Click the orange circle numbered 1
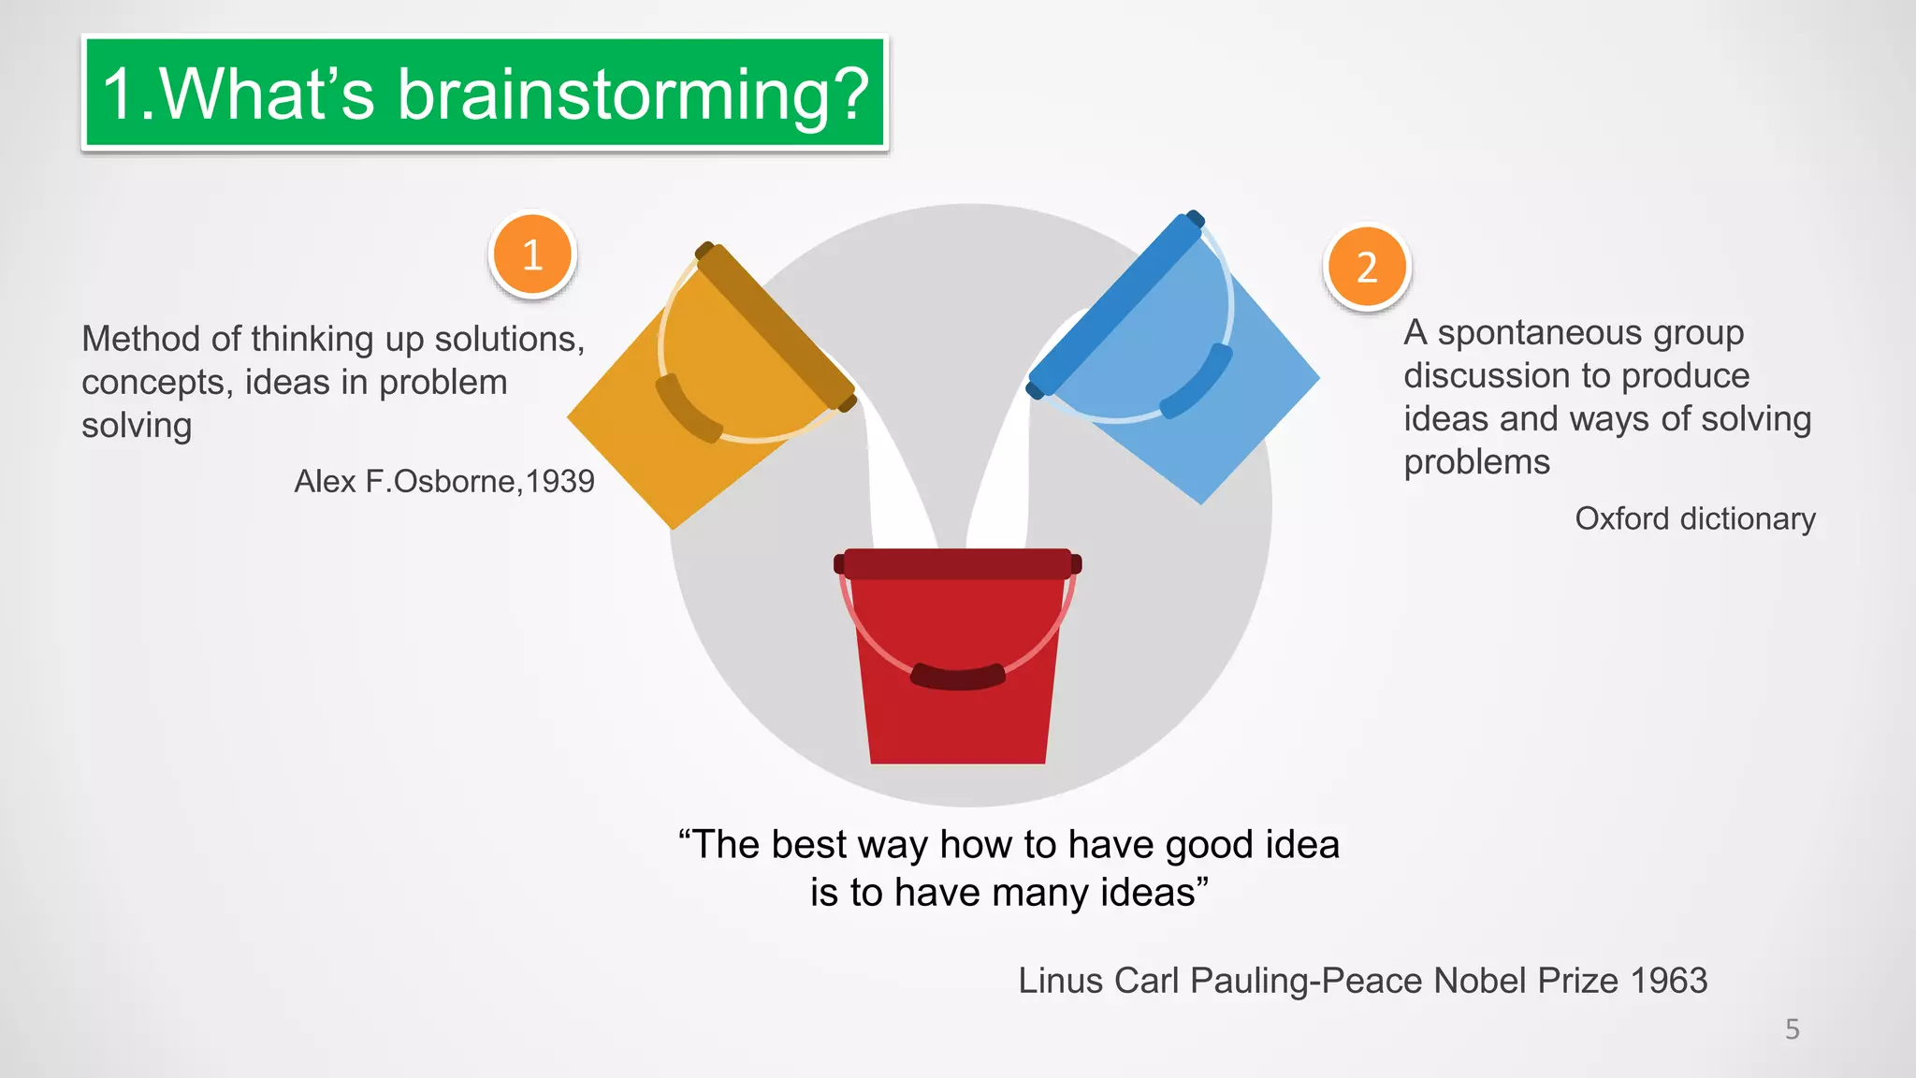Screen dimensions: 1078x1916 (532, 255)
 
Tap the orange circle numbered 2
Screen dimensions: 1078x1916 (1367, 268)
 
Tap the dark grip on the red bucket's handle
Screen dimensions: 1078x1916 (957, 677)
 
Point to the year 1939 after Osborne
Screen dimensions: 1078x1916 (559, 481)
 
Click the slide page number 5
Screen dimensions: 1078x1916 (1792, 1029)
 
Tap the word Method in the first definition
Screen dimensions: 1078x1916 (138, 339)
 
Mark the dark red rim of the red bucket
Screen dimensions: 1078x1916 (957, 563)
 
